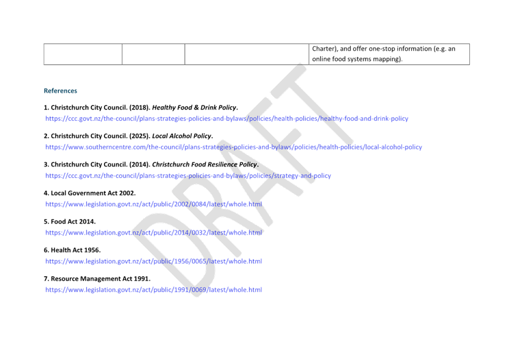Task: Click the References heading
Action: [60, 91]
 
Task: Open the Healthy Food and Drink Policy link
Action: [227, 119]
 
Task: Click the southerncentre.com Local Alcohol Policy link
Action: [233, 147]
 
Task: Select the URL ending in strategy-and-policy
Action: [188, 176]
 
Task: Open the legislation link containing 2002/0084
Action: [154, 204]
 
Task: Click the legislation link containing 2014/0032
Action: [154, 233]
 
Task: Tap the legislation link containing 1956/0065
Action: [154, 261]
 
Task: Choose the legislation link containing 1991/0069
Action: [154, 290]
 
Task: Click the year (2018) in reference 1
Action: [140, 108]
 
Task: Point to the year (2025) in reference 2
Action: [140, 136]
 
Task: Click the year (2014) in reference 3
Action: [140, 165]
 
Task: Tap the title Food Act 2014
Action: [73, 222]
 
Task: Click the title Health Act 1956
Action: [76, 251]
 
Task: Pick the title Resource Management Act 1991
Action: [101, 279]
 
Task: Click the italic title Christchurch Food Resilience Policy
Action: [204, 165]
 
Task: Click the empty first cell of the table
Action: [83, 54]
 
